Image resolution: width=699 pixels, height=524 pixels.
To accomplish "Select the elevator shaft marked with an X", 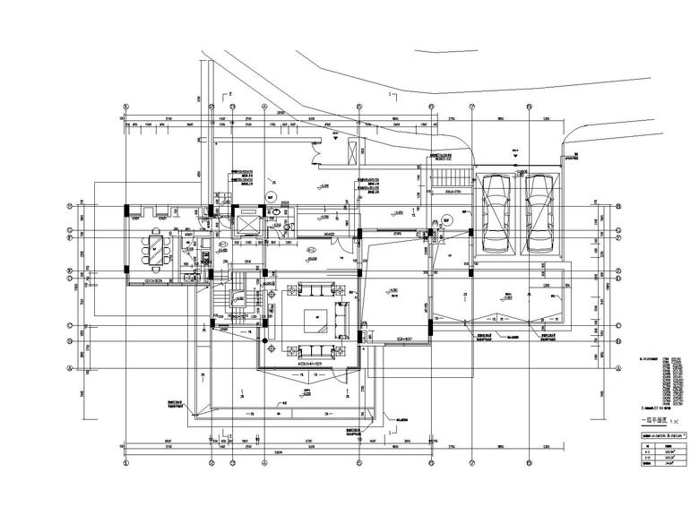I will pos(245,220).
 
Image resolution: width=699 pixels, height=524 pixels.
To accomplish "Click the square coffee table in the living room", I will pos(315,319).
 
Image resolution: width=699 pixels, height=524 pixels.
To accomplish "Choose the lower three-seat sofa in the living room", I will pos(315,350).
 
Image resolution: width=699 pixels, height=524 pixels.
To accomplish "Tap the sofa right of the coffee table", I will pos(342,319).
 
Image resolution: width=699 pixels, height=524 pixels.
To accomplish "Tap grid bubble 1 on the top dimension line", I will pos(125,116).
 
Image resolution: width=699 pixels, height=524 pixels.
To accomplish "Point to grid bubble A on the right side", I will pos(618,368).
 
